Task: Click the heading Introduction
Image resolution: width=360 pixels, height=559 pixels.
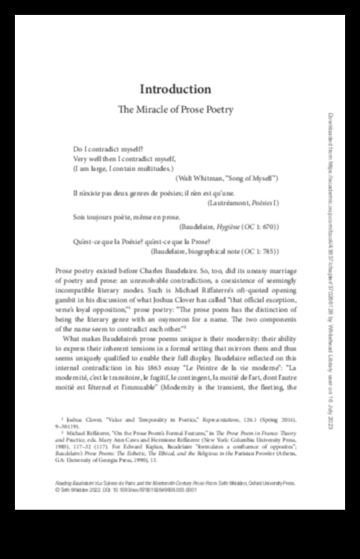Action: (176, 89)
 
